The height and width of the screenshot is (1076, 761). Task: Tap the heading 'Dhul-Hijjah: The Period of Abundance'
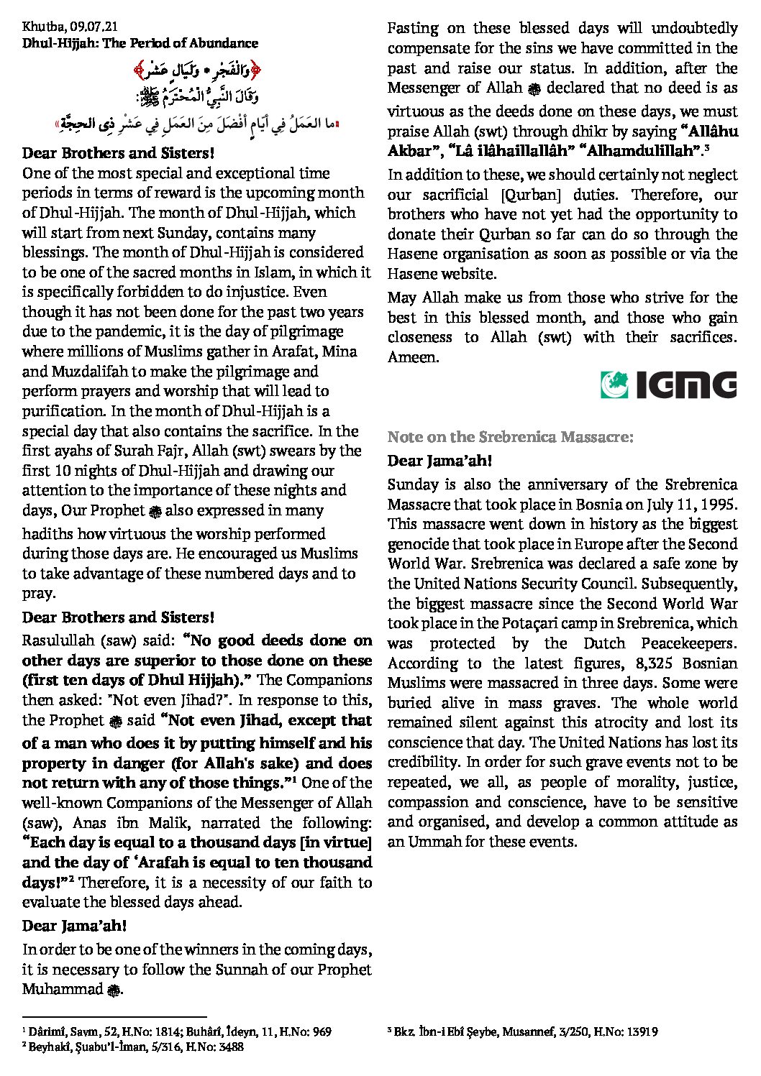[140, 43]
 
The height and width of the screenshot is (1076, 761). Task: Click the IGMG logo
[668, 385]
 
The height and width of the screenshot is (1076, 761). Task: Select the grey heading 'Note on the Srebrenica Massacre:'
[510, 437]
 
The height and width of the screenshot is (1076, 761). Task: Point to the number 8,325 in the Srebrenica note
[614, 663]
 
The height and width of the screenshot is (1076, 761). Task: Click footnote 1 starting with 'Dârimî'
[176, 1032]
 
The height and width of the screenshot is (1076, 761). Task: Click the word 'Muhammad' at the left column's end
[63, 990]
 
